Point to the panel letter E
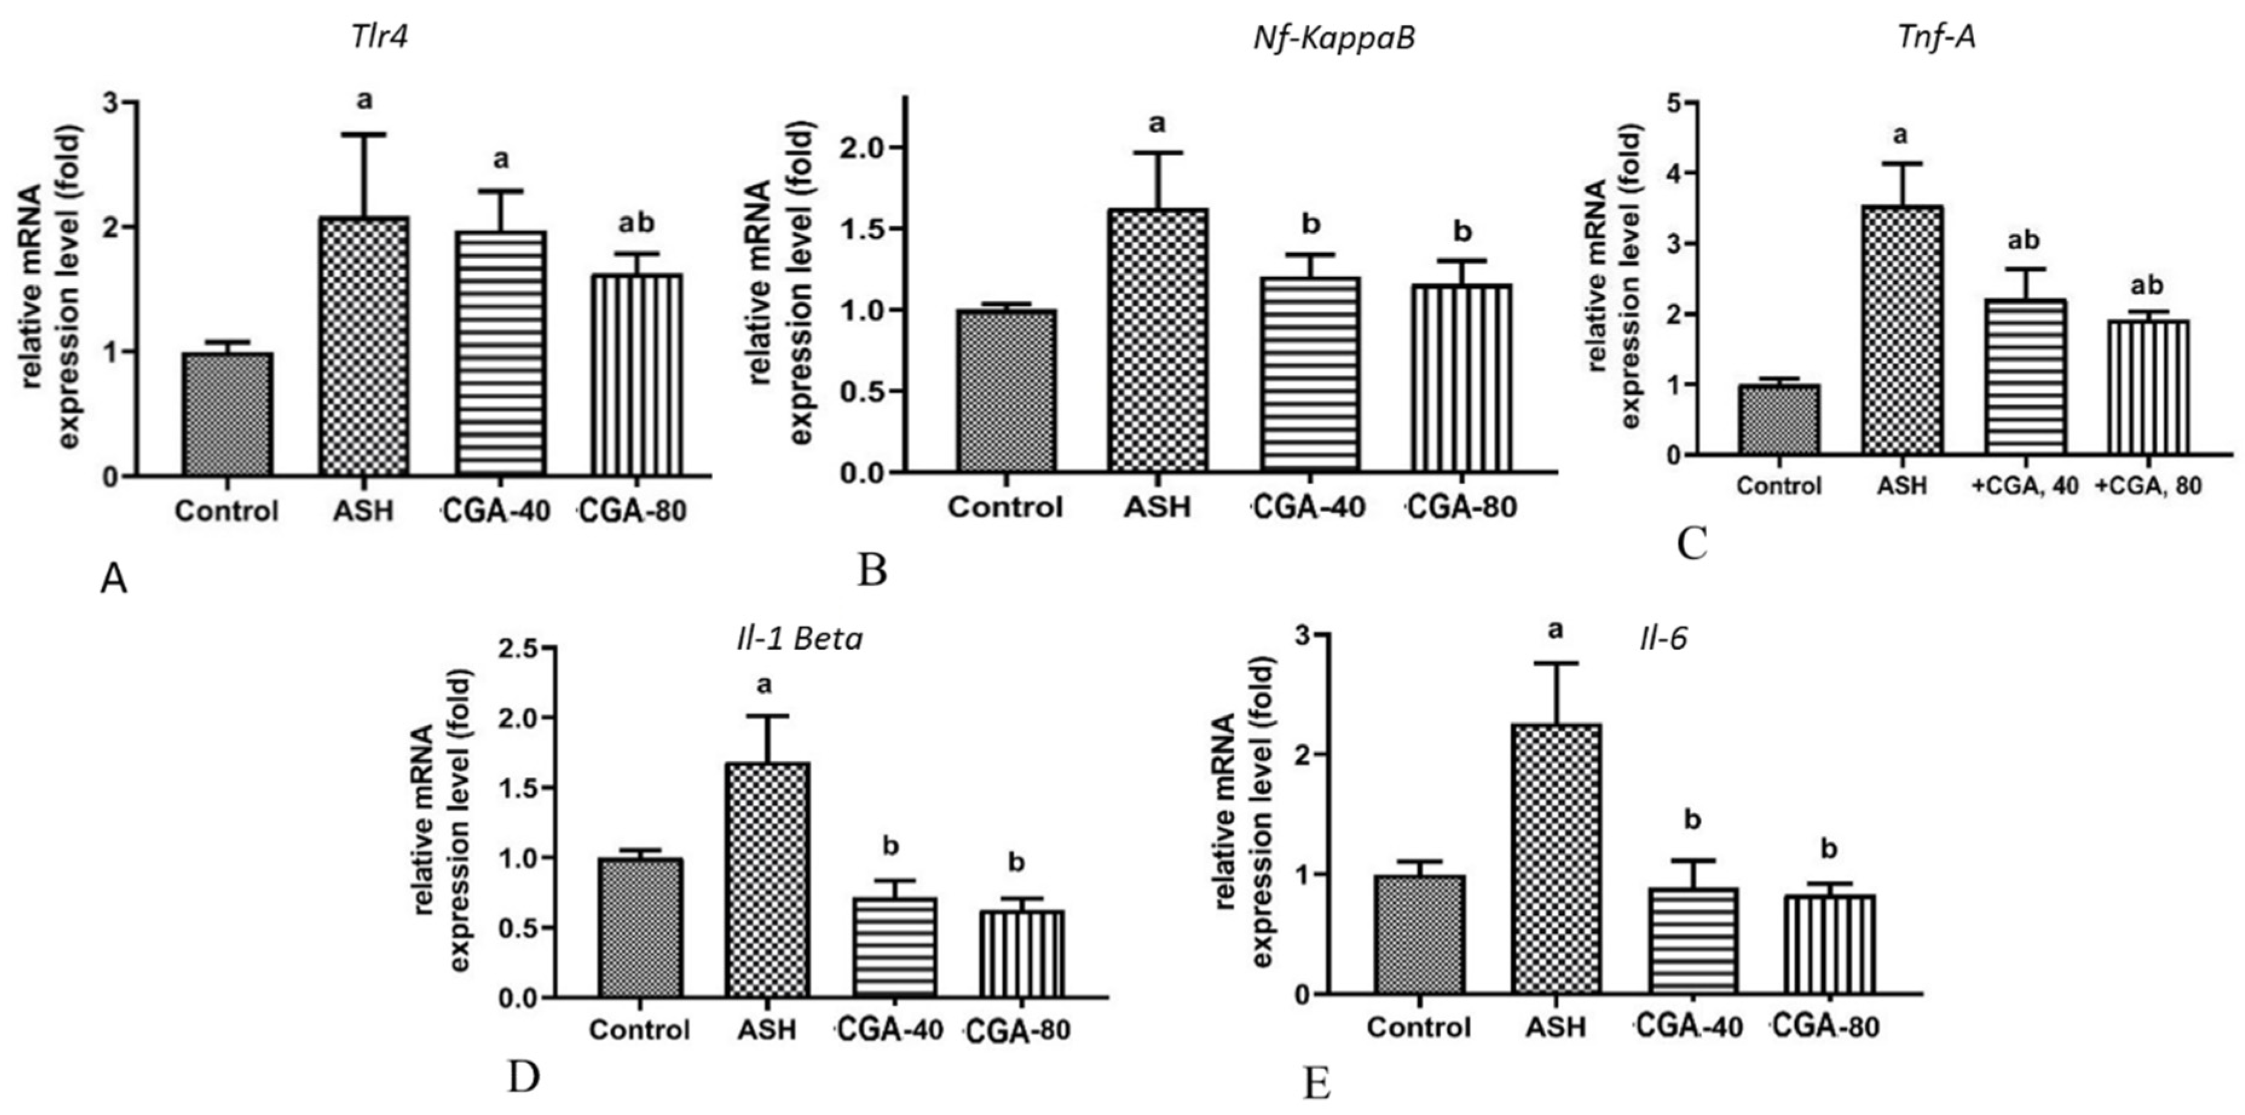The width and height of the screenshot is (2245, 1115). [x=1316, y=1086]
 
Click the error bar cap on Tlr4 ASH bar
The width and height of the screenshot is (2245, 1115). [x=363, y=134]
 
